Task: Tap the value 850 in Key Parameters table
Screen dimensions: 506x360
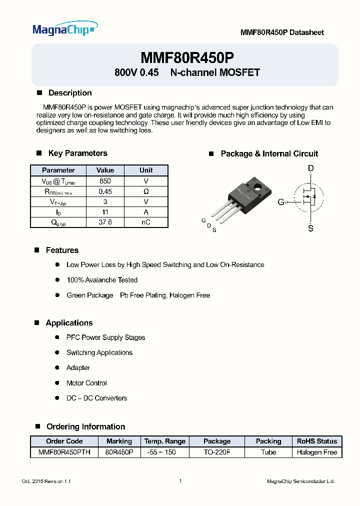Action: (105, 181)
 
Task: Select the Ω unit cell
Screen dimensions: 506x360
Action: (146, 191)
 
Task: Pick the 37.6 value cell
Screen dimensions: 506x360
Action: (105, 222)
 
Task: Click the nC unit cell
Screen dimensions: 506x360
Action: (146, 222)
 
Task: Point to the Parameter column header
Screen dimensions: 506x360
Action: (58, 170)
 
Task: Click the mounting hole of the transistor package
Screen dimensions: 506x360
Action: (257, 188)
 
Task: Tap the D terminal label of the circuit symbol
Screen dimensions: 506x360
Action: (310, 169)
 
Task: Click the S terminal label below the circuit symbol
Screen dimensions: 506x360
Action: (310, 229)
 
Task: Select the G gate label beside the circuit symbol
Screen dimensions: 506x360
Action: (280, 202)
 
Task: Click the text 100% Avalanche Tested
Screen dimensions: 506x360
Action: (102, 280)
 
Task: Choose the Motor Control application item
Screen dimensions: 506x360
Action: (86, 383)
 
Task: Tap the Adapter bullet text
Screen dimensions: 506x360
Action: (78, 367)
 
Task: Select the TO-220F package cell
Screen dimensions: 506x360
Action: (217, 452)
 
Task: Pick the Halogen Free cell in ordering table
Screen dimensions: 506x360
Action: (317, 452)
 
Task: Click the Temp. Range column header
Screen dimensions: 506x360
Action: (165, 441)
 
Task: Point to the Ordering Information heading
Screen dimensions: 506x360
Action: (85, 426)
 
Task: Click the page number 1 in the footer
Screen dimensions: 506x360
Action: (180, 481)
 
